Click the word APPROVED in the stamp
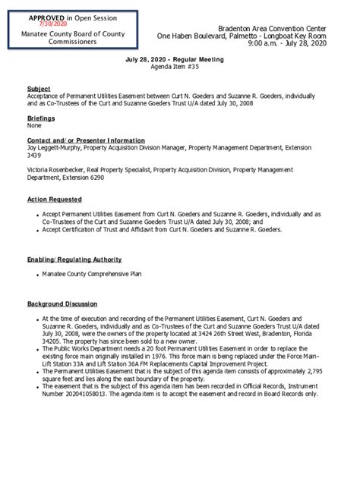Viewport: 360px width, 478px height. pos(36,17)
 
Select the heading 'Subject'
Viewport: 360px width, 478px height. pos(39,89)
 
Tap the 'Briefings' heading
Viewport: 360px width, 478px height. pos(42,119)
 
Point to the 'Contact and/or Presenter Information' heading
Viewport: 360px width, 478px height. pos(86,140)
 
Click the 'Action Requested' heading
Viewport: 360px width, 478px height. pos(55,200)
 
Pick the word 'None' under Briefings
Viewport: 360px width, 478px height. pos(34,126)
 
